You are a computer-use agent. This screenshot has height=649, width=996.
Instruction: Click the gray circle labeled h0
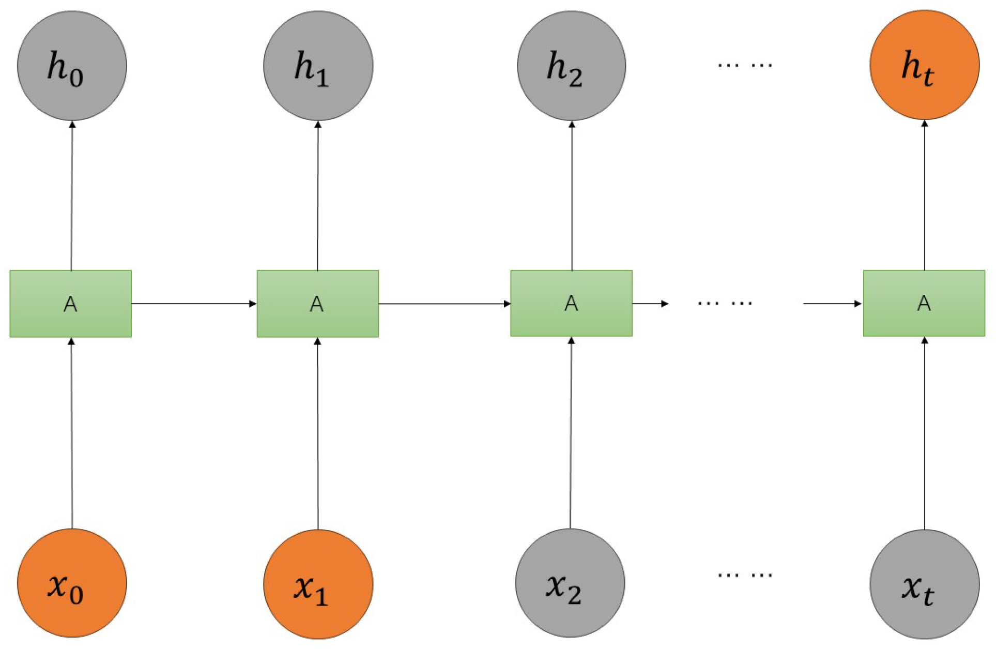72,66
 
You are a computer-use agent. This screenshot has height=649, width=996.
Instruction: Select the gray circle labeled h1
318,66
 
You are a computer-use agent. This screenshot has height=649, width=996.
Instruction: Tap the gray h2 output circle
571,66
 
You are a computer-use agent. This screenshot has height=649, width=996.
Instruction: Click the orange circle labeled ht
924,65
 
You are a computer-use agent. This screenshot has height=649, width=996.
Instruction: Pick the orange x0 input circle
72,583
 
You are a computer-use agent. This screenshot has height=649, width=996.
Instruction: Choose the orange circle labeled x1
318,584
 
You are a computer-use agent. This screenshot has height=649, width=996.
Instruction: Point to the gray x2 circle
570,583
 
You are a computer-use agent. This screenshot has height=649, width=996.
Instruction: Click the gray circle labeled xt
924,584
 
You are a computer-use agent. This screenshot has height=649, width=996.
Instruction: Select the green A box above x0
71,304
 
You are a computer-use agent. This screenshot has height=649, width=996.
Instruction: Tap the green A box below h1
317,304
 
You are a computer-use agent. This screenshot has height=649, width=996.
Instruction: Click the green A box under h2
571,303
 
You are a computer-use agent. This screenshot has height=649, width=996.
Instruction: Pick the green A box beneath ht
924,303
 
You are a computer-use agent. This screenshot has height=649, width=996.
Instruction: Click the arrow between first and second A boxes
194,304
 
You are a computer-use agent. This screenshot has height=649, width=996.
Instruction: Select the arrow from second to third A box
445,304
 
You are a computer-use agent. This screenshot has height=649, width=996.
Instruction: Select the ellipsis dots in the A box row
725,304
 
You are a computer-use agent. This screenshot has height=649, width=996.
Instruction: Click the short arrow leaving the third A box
650,304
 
